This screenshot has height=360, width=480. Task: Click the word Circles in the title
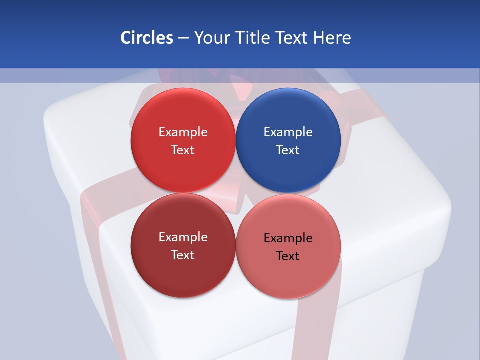coord(146,38)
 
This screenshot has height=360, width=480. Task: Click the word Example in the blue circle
coord(288,132)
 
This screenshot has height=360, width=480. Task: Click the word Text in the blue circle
coord(288,150)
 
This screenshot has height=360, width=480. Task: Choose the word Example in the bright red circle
coord(183,132)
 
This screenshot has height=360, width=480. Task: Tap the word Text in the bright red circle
coord(183,150)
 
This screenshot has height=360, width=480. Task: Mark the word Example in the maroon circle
coord(183,237)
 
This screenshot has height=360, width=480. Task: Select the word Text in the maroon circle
coord(183,255)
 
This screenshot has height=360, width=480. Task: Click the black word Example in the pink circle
coord(288,238)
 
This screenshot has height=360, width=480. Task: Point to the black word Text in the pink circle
coord(288,256)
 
